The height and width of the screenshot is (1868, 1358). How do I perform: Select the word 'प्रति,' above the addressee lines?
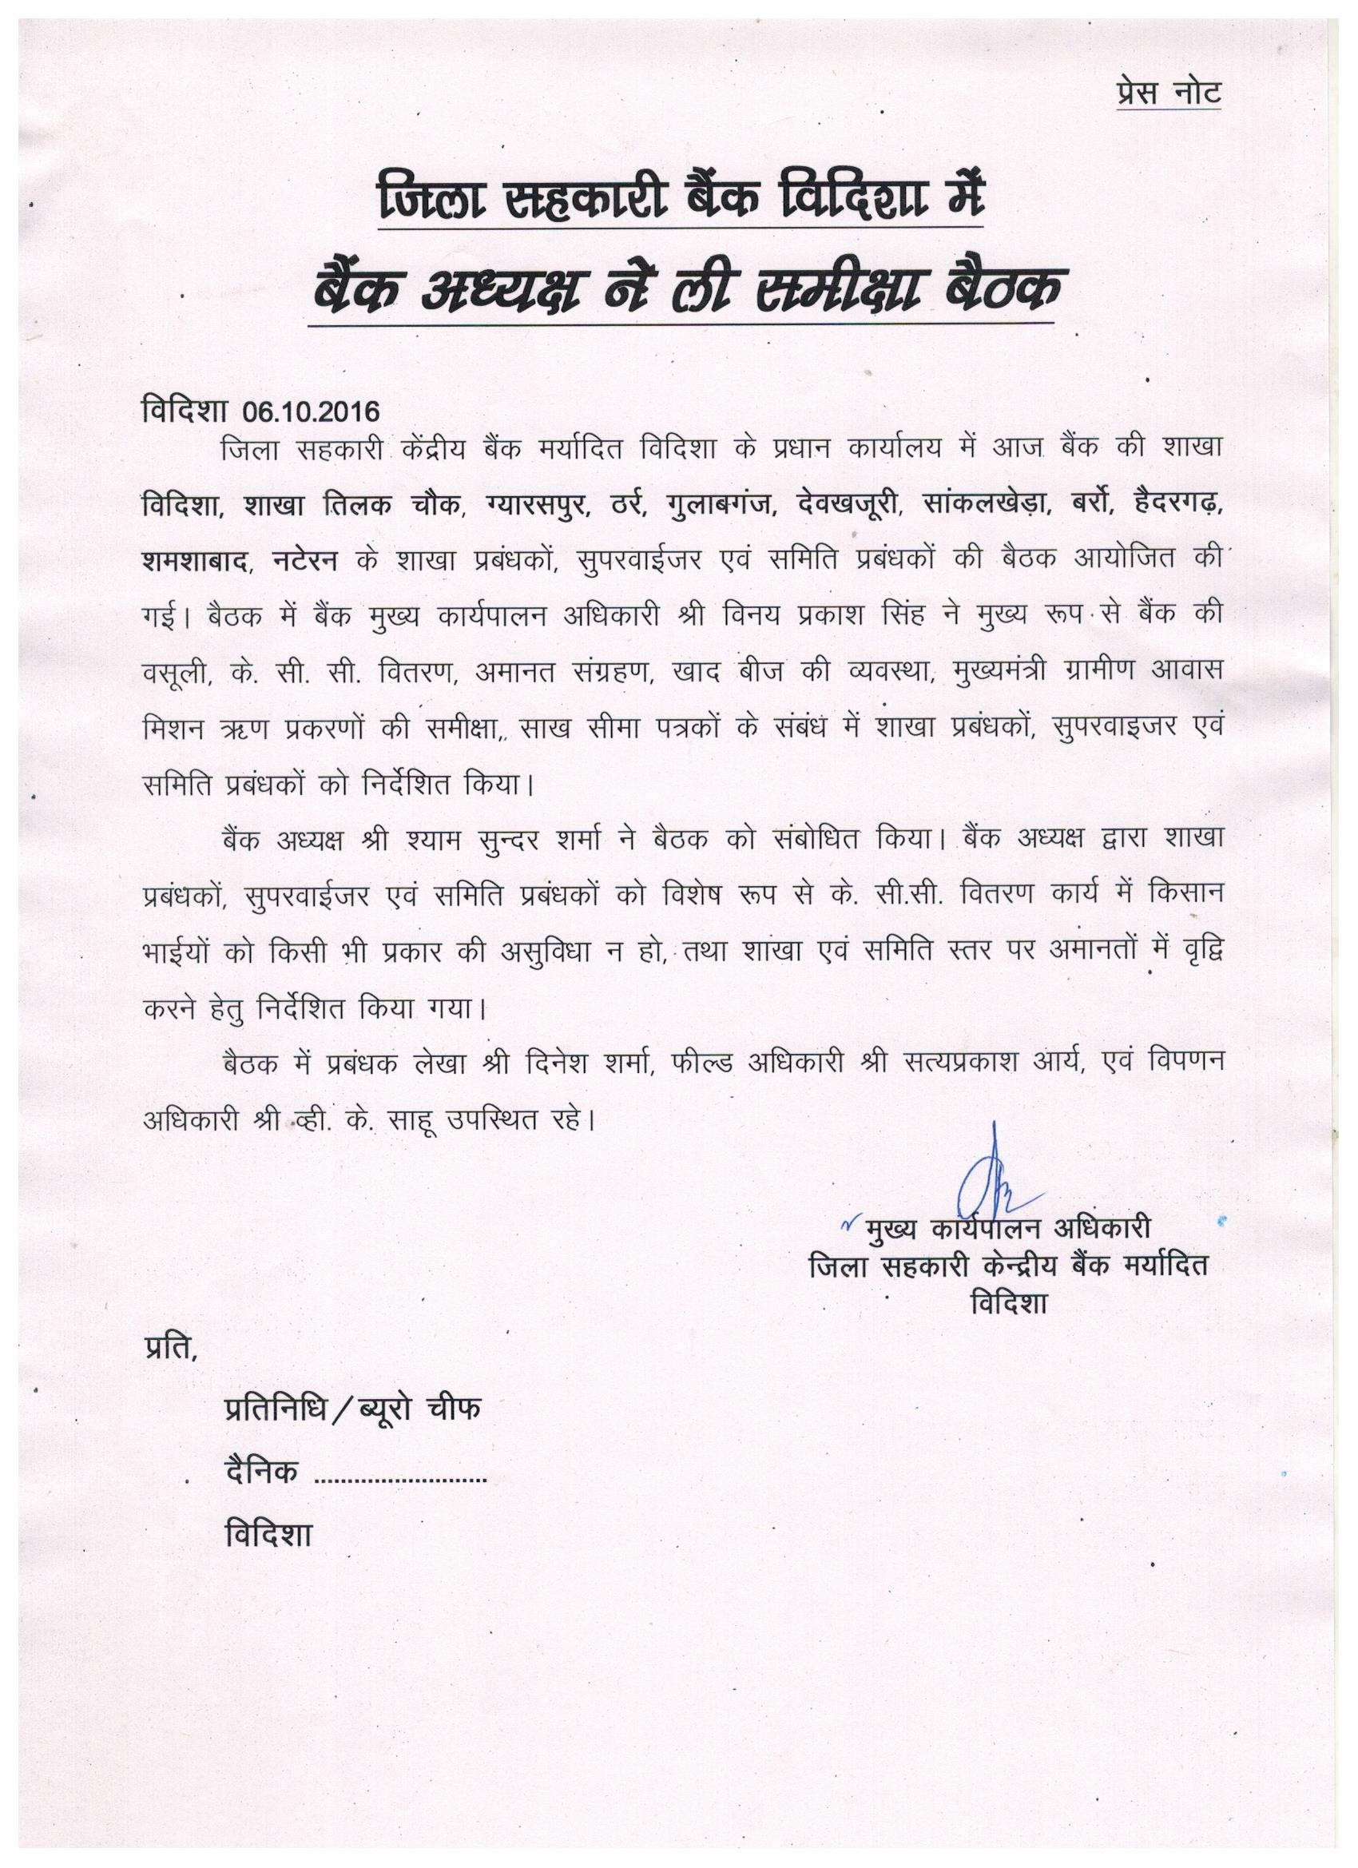170,1351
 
